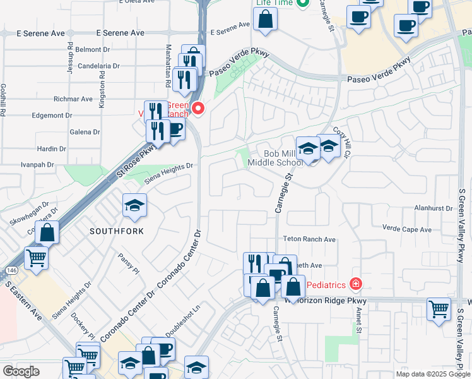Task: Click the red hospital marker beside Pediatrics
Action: [356, 284]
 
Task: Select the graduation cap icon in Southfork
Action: [134, 205]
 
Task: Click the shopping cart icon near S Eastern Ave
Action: [37, 257]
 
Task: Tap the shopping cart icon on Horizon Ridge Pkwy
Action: [439, 309]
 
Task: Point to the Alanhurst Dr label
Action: [434, 207]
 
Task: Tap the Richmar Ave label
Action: [73, 99]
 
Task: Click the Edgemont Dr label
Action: [69, 116]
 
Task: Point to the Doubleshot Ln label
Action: [183, 320]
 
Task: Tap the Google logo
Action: [21, 371]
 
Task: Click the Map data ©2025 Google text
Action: [433, 374]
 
